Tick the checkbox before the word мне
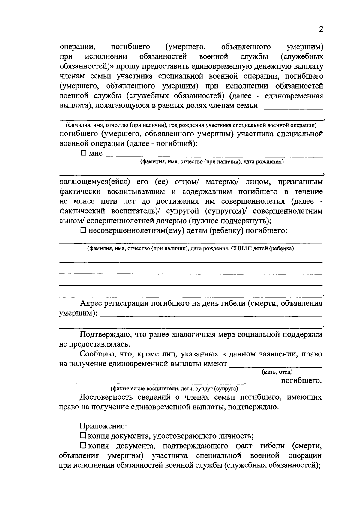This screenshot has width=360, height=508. (84, 153)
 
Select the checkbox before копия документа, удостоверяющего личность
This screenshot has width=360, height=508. (83, 435)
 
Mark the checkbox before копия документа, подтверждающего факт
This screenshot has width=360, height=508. (83, 446)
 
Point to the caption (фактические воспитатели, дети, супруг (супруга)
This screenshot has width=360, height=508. (174, 389)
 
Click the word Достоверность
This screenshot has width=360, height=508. (106, 397)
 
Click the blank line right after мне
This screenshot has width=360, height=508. (214, 155)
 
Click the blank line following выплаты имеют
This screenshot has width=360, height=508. (275, 366)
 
